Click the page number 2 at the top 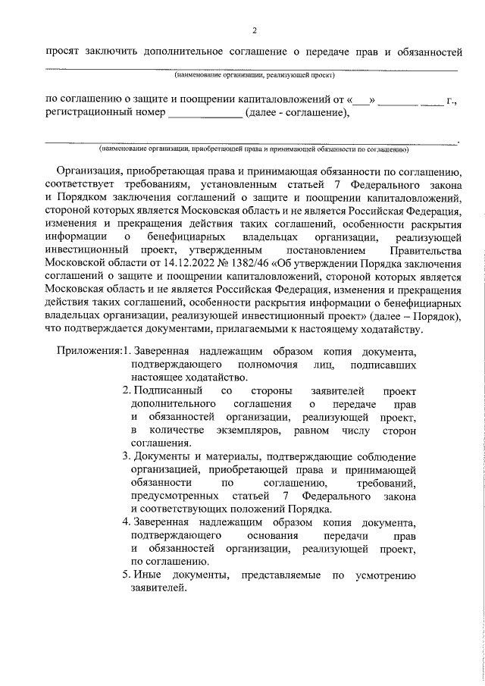(x=255, y=30)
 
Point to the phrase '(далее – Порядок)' (x=416, y=314)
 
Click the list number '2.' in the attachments (x=127, y=390)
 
